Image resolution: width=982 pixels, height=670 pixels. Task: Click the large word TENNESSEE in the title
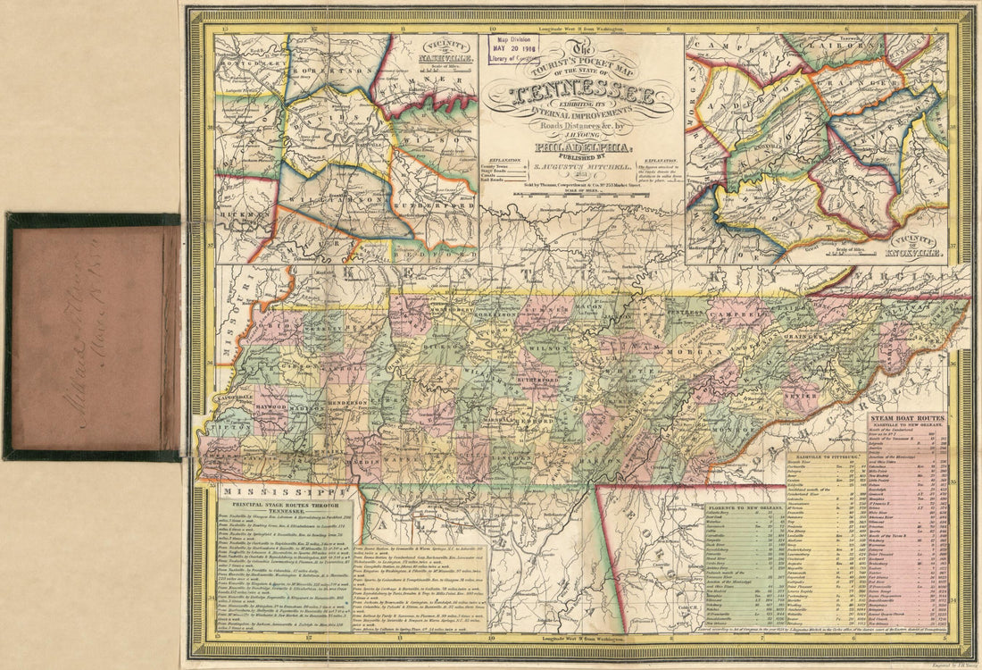[x=581, y=96]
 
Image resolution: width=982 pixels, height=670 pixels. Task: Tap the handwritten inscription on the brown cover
[x=92, y=336]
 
